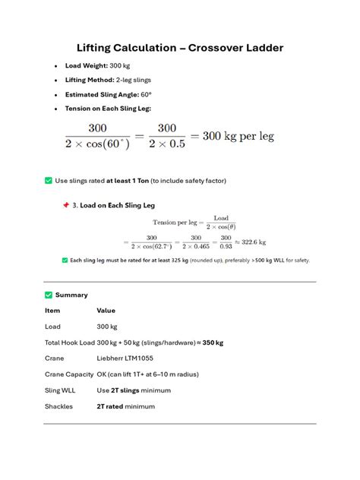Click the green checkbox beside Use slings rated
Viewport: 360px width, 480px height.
coord(49,181)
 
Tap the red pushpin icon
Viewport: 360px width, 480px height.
coord(65,205)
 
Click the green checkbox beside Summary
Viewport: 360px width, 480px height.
coord(49,295)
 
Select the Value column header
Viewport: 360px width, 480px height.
coord(106,311)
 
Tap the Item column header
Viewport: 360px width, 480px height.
coord(52,311)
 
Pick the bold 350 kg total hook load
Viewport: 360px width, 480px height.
coord(212,343)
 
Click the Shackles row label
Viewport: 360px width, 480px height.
coord(58,406)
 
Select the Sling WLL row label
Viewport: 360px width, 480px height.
coord(61,390)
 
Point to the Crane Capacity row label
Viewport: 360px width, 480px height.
coord(68,374)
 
